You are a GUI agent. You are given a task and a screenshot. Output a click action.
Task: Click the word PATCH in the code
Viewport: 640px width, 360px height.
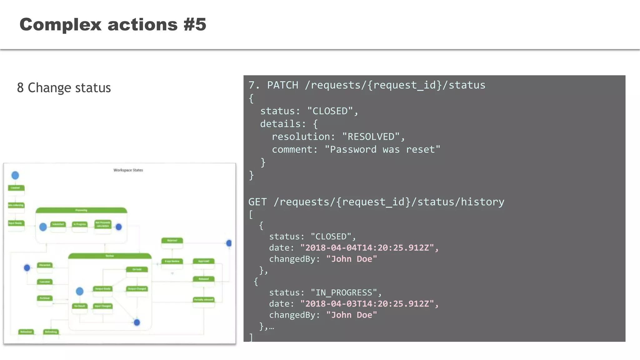(x=282, y=85)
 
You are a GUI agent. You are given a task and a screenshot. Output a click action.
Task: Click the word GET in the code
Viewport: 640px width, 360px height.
(x=257, y=202)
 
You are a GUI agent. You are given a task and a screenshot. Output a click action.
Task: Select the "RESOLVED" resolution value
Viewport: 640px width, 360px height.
(x=371, y=137)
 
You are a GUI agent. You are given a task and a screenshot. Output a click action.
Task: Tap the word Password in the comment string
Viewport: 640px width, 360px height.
(x=353, y=149)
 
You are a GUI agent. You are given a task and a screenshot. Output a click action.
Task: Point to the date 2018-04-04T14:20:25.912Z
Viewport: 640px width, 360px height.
(x=367, y=248)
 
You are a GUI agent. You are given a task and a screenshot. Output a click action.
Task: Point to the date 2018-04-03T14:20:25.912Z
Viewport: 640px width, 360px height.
(x=367, y=304)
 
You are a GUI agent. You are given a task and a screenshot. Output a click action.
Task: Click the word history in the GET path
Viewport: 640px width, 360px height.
(x=482, y=202)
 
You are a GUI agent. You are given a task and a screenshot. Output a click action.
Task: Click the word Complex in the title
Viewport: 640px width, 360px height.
(x=60, y=24)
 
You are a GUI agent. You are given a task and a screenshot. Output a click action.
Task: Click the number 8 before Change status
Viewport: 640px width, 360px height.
(x=20, y=88)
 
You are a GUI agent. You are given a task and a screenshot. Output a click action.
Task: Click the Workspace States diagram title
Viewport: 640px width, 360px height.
(x=128, y=170)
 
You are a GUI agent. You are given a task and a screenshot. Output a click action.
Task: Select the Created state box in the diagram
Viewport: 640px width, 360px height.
(x=16, y=188)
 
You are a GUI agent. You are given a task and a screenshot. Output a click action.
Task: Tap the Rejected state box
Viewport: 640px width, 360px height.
(x=172, y=241)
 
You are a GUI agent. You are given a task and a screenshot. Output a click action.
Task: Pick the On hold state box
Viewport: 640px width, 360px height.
(x=137, y=269)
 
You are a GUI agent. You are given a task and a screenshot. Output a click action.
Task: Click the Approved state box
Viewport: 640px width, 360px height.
(x=204, y=261)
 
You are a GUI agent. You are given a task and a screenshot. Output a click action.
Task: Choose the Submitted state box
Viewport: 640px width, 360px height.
(x=58, y=224)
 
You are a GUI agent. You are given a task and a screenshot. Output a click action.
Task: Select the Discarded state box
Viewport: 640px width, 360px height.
(x=45, y=265)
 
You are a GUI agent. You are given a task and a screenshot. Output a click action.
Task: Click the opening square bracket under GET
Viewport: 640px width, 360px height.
(x=251, y=215)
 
